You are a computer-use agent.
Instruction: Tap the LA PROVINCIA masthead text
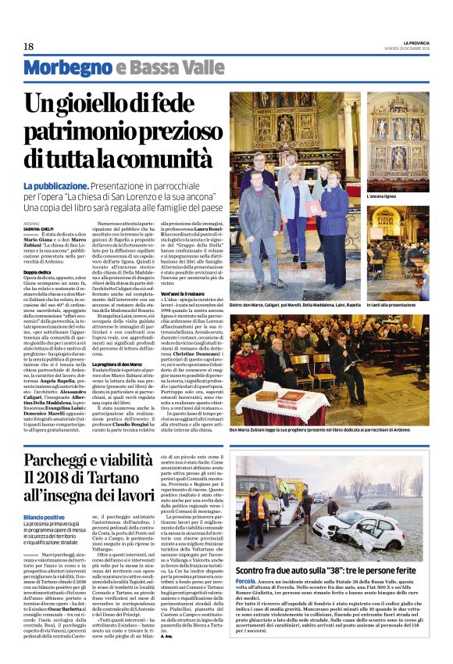click(409, 41)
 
